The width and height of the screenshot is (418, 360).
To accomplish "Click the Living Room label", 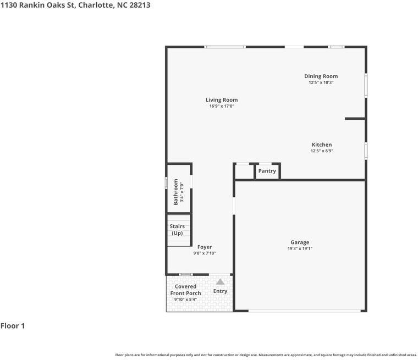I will (222, 100).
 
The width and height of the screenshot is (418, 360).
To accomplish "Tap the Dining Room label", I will (321, 76).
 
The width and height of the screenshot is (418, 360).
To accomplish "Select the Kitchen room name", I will (321, 145).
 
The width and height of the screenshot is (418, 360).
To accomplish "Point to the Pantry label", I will (267, 171).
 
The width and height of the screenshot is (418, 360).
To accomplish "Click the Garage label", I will (300, 242).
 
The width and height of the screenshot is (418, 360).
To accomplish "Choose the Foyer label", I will (205, 247).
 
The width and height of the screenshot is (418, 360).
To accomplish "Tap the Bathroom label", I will (176, 191).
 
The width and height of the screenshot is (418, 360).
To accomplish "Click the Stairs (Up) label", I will (177, 230).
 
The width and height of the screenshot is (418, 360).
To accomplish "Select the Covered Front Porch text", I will (185, 290).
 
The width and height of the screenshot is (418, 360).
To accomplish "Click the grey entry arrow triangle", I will (220, 281).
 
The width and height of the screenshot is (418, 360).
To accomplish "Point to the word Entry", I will (220, 291).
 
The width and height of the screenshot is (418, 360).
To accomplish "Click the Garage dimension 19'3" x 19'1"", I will (300, 248).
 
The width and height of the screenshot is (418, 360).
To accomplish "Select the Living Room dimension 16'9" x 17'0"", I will (222, 106).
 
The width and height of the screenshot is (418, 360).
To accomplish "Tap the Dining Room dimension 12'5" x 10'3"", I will (321, 82).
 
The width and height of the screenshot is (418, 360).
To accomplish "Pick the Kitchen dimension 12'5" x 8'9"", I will (321, 151).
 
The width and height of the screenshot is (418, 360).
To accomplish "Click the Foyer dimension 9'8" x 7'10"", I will (205, 253).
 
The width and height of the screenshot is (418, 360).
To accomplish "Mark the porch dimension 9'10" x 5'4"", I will (185, 300).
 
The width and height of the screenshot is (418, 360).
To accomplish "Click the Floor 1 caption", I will (13, 326).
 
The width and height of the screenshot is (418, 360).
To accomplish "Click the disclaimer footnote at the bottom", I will (266, 355).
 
